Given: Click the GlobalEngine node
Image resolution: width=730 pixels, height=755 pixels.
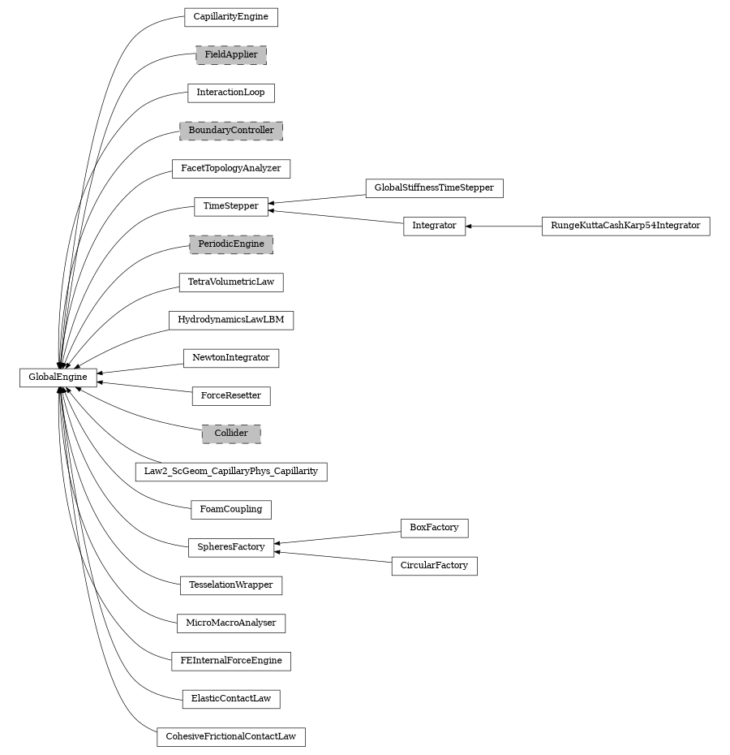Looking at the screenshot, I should (x=58, y=377).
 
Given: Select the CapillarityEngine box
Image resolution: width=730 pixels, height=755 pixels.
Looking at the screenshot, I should (x=231, y=17).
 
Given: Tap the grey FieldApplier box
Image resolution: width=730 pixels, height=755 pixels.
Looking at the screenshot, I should (x=231, y=55).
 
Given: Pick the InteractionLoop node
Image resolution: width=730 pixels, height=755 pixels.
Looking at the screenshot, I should (x=231, y=93).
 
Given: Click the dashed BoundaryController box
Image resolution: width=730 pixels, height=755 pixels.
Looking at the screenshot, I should (x=231, y=131).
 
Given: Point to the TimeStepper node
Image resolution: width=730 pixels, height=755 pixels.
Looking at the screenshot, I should (x=231, y=206).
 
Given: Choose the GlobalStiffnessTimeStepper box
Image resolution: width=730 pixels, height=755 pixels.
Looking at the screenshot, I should (x=434, y=188).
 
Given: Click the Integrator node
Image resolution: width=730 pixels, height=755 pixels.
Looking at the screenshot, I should (x=434, y=226).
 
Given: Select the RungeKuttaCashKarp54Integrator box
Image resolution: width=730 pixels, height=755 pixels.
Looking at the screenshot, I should (x=625, y=226).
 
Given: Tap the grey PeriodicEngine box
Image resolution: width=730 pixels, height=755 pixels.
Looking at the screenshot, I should (x=231, y=244).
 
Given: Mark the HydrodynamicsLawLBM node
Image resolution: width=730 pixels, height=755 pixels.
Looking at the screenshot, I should (x=231, y=320).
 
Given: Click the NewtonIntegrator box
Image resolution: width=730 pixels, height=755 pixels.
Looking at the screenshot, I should (x=231, y=358).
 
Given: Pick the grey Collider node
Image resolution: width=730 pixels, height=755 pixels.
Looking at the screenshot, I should (x=231, y=434).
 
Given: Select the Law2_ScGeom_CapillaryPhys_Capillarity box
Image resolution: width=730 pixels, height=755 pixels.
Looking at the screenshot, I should (x=231, y=472).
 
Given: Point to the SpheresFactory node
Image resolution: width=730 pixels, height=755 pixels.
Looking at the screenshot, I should (x=231, y=547).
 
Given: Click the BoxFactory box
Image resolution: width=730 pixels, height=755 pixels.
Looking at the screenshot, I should (x=434, y=528).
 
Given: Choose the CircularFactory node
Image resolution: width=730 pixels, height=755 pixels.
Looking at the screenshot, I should (x=434, y=566).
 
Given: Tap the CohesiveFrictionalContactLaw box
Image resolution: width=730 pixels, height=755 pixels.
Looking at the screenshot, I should (x=231, y=737).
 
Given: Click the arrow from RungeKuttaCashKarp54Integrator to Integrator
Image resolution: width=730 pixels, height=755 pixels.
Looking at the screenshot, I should (x=504, y=226).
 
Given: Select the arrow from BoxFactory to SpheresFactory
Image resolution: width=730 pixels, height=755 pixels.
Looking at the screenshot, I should (x=337, y=537).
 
